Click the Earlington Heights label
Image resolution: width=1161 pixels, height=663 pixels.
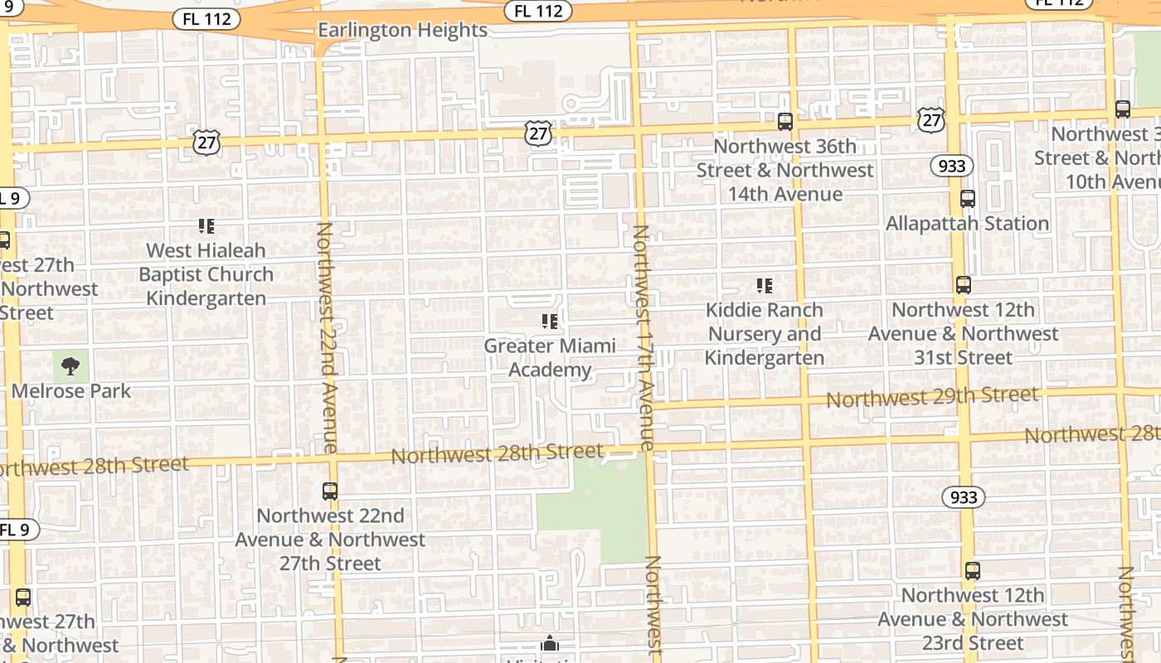403,31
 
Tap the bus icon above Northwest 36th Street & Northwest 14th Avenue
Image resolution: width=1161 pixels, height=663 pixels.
785,122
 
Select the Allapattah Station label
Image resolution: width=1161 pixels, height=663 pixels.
967,224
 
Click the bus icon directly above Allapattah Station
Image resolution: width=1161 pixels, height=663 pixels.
967,199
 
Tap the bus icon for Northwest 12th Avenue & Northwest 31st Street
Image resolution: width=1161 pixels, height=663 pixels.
963,285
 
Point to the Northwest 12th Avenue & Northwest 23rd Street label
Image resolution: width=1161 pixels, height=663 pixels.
973,619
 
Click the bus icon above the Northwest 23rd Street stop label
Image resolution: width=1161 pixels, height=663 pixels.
972,571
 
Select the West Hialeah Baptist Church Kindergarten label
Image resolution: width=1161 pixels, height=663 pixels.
206,274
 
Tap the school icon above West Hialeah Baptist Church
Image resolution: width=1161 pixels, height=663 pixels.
206,225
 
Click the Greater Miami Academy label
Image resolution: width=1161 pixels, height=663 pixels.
550,357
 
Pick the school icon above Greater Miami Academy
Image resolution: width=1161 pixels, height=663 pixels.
549,321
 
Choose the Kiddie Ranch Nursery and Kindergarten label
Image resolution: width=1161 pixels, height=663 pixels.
765,334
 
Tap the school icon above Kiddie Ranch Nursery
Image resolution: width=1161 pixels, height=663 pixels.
764,286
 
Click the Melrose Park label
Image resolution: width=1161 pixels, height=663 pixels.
71,391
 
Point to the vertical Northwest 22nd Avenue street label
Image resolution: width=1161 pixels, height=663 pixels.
326,337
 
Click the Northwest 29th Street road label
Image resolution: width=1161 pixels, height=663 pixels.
932,397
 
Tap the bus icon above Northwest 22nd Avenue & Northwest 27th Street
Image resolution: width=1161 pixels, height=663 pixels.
330,491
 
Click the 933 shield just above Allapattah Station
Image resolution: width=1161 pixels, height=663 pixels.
951,166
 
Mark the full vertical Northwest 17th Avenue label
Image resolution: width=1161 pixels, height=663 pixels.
643,337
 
